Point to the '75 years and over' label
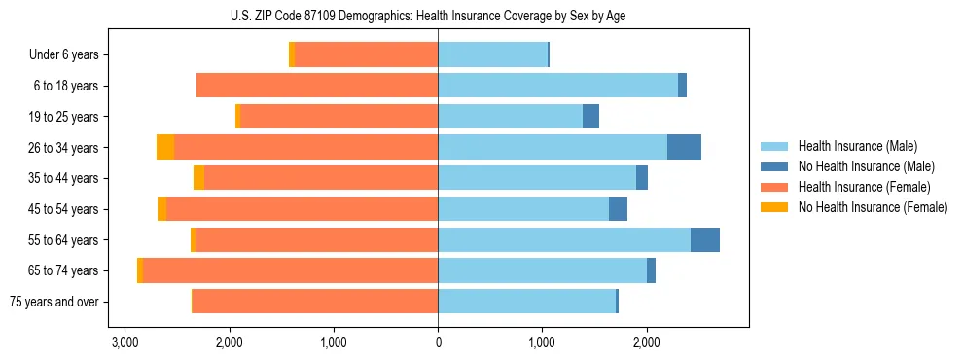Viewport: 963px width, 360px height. (53, 302)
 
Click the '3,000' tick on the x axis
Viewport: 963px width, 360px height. (125, 342)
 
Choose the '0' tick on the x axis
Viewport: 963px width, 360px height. (438, 342)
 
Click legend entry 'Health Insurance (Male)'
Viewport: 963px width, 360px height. (857, 146)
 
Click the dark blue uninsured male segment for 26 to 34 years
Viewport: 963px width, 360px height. (684, 147)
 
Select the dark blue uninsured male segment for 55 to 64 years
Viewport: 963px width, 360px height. (705, 240)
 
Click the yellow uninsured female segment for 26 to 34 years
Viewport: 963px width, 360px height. (165, 147)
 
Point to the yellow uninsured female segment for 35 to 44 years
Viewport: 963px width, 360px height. (198, 178)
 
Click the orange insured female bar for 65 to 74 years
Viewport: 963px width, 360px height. (290, 270)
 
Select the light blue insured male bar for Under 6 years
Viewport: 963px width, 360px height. (492, 54)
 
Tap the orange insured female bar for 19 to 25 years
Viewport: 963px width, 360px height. (339, 117)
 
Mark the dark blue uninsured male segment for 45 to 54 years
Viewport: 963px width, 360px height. (618, 209)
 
